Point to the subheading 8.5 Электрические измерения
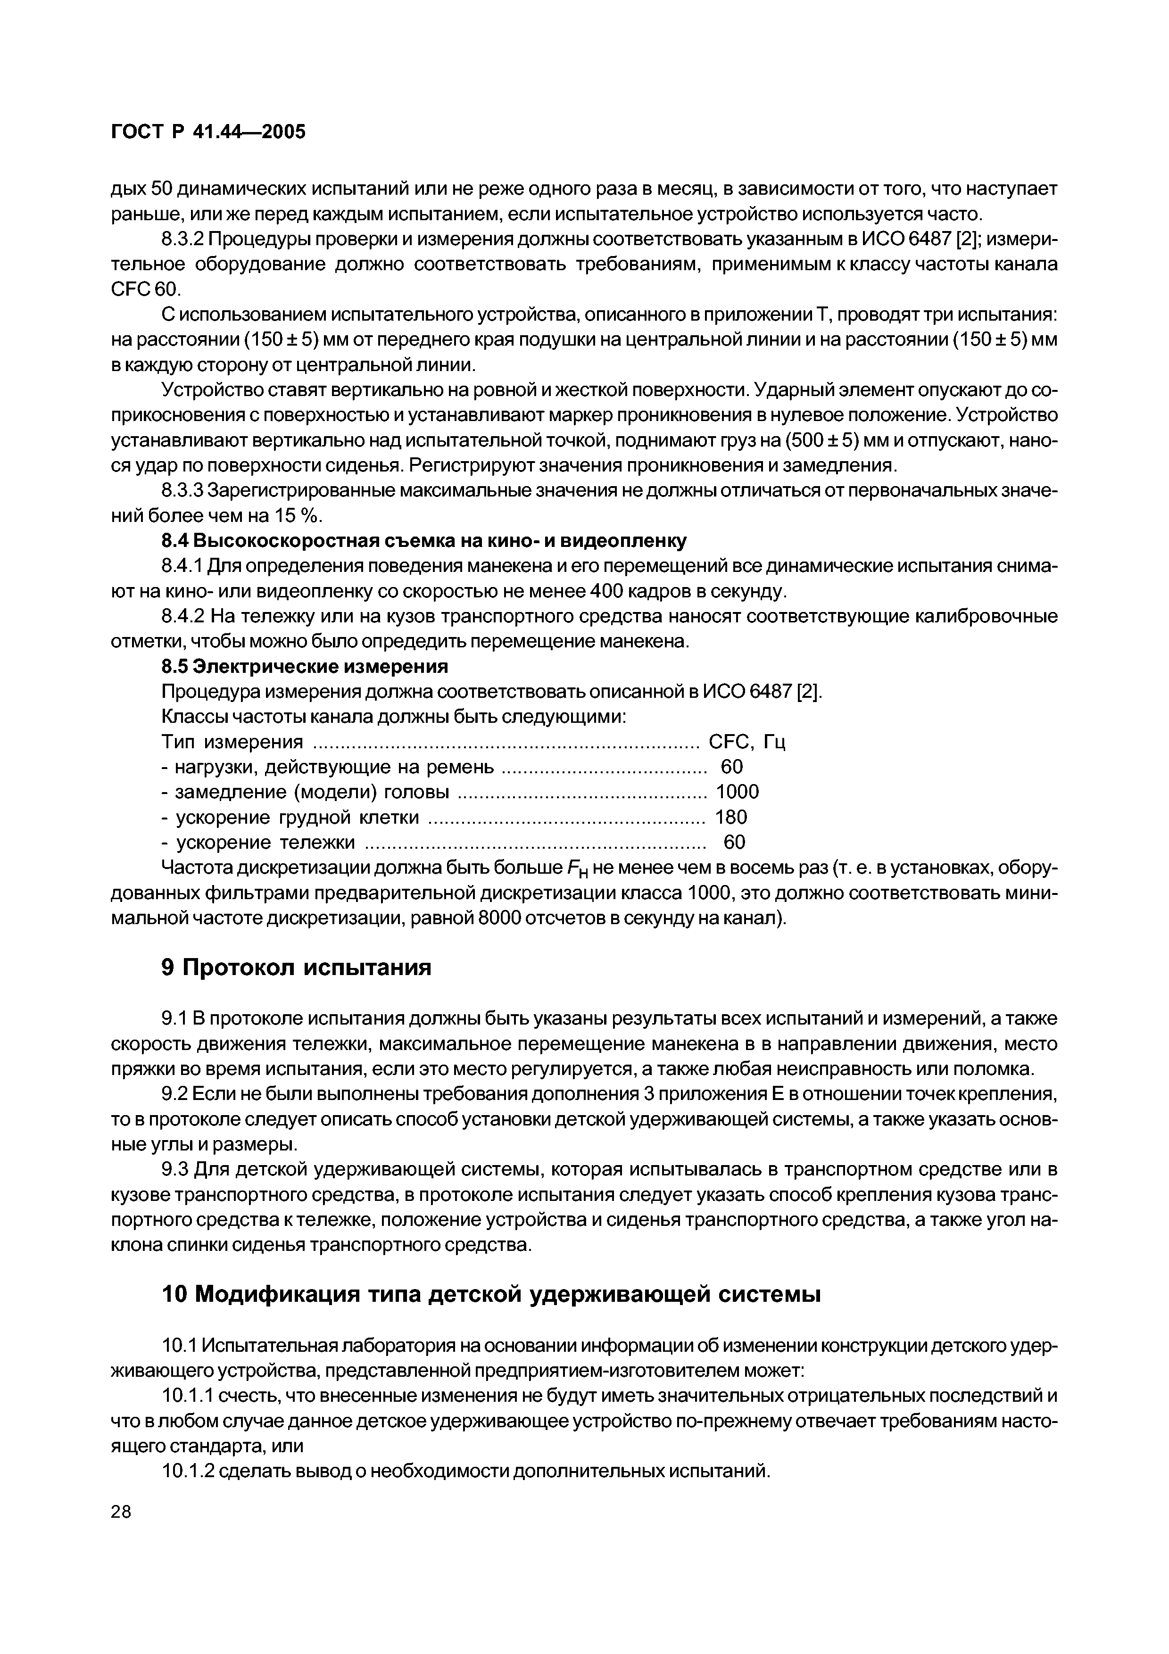pyautogui.click(x=304, y=666)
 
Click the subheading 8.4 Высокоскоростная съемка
pyautogui.click(x=423, y=540)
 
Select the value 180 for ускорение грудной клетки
pyautogui.click(x=730, y=817)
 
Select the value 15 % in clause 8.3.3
pyautogui.click(x=301, y=516)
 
